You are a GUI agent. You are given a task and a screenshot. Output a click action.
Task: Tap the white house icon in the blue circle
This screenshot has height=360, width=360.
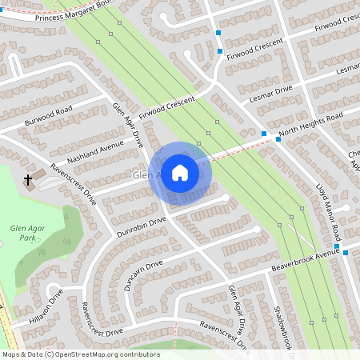point(180,173)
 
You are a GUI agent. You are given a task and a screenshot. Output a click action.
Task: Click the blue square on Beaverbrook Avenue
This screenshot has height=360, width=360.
point(346,253)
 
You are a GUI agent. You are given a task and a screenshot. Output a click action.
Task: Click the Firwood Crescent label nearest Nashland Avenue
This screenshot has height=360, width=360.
point(167,106)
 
